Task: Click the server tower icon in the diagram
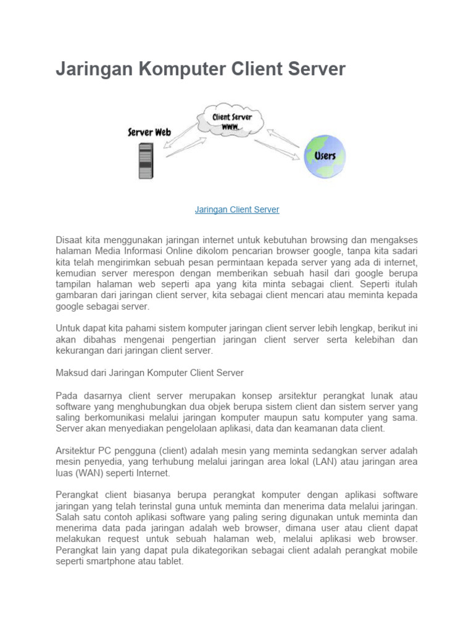point(146,161)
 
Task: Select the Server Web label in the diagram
point(149,132)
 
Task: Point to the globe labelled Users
point(324,156)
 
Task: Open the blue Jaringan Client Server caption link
point(237,210)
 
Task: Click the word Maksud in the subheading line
point(72,373)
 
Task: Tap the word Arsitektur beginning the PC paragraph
point(77,451)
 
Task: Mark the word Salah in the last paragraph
point(68,517)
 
